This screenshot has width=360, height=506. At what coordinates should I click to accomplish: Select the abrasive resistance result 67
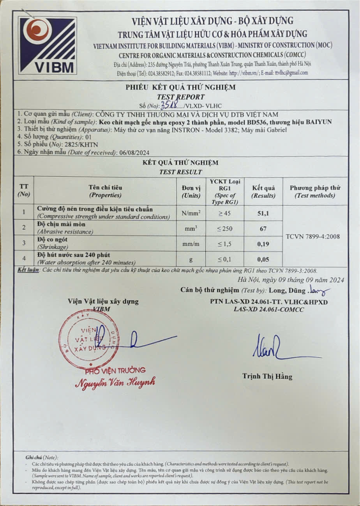click(x=263, y=228)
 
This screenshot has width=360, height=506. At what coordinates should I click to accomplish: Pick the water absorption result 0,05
click(x=264, y=259)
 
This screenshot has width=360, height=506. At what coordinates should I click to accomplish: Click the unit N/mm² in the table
click(x=191, y=213)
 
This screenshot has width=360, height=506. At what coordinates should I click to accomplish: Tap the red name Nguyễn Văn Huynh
click(x=115, y=381)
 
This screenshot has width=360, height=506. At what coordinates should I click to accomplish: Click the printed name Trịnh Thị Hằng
click(x=267, y=376)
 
